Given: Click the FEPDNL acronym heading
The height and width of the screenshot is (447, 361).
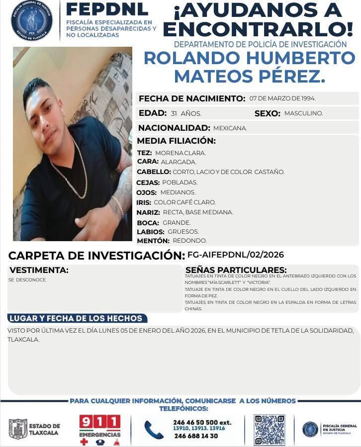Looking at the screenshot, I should pyautogui.click(x=106, y=9).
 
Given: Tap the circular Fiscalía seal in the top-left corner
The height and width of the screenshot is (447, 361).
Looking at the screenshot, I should pyautogui.click(x=31, y=20).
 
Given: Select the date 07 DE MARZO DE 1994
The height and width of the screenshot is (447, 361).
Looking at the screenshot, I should pyautogui.click(x=282, y=98).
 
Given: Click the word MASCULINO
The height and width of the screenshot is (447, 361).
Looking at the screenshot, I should pyautogui.click(x=303, y=113).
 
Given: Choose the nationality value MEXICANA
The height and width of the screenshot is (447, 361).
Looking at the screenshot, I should pyautogui.click(x=230, y=128).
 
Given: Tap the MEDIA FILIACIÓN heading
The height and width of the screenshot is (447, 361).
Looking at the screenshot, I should pyautogui.click(x=176, y=141).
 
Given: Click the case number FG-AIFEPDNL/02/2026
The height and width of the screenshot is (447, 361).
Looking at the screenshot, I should pyautogui.click(x=235, y=255).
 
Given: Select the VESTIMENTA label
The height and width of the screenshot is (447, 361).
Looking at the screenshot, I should pyautogui.click(x=39, y=270).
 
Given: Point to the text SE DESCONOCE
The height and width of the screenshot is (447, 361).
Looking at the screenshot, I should pyautogui.click(x=27, y=280).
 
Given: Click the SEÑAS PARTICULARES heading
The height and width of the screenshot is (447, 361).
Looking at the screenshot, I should pyautogui.click(x=236, y=270).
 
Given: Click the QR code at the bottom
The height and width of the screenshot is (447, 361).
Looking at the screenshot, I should pyautogui.click(x=270, y=430).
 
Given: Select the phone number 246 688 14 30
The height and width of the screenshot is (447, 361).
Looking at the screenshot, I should pyautogui.click(x=196, y=436).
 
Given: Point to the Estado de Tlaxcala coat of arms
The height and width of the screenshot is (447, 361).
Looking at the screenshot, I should pyautogui.click(x=18, y=429).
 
